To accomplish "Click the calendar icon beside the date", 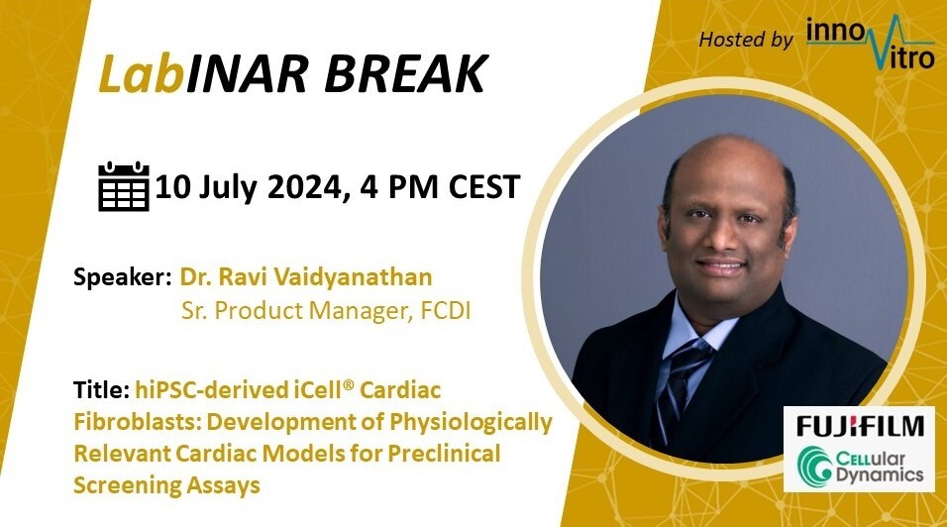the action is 124,186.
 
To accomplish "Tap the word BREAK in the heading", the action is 406,74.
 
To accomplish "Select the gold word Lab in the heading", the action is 141,74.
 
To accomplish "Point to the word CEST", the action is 483,186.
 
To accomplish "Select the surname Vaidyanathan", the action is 354,277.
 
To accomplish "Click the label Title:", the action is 101,390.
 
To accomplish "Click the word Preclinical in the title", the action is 444,454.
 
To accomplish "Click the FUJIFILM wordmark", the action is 860,426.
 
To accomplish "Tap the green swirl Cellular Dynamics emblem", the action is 814,466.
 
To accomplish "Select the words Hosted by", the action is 746,40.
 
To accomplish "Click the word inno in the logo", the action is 836,33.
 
